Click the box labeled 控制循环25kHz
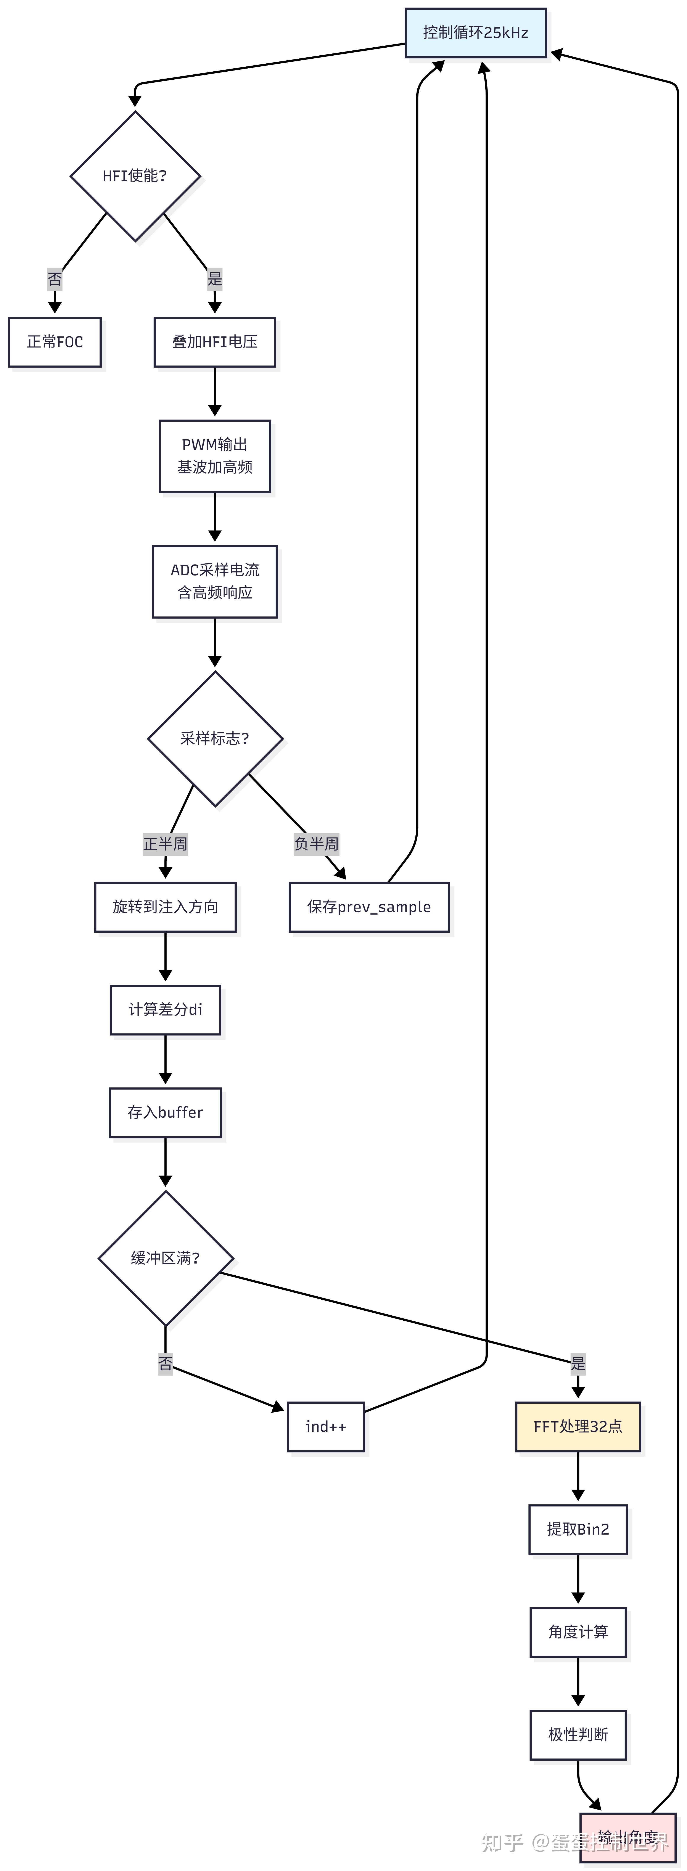pyautogui.click(x=476, y=33)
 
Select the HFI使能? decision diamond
pyautogui.click(x=135, y=176)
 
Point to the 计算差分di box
pyautogui.click(x=166, y=1009)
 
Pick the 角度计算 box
pyautogui.click(x=578, y=1632)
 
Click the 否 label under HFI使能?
pyautogui.click(x=55, y=279)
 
